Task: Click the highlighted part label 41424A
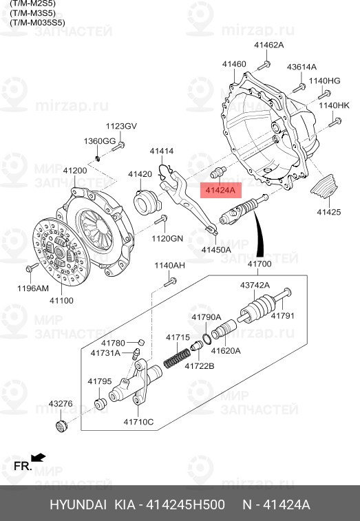pos(218,189)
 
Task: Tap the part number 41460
pos(233,64)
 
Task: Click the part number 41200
pos(74,170)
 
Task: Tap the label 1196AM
pos(32,289)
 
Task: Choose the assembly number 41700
pos(260,264)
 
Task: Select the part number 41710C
pos(138,421)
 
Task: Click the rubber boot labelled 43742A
pos(260,309)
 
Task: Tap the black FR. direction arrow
pos(39,457)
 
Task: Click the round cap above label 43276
pos(61,425)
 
